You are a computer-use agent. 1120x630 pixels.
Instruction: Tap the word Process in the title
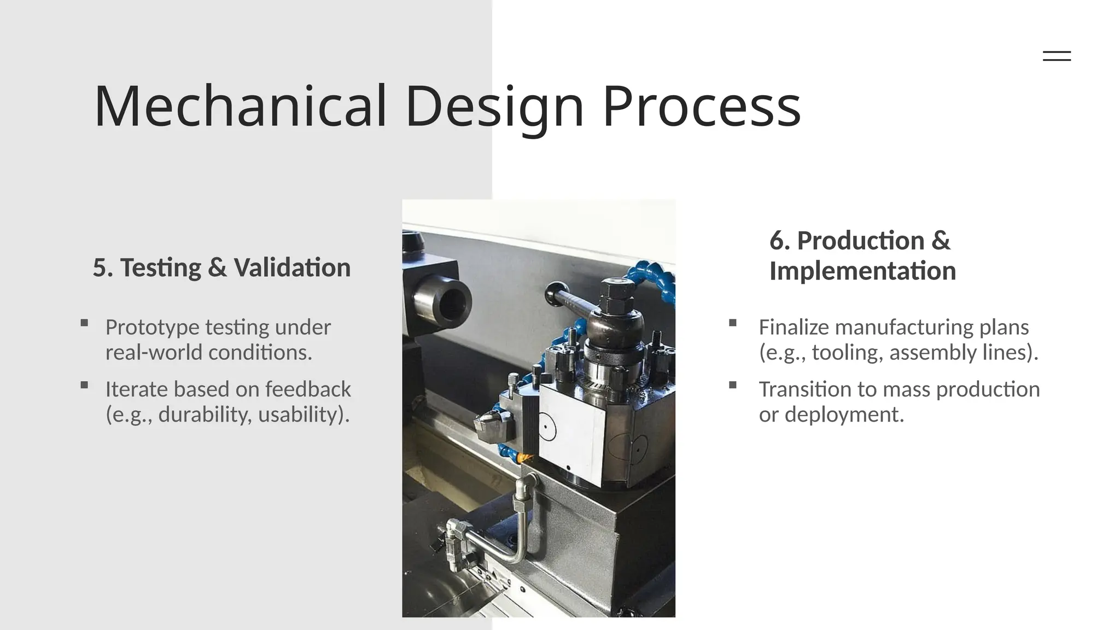[701, 106]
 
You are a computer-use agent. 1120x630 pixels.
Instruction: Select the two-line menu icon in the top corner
[1057, 56]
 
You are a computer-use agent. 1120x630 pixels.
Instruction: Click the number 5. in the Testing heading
[103, 268]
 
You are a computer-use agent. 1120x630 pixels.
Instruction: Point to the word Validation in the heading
[291, 268]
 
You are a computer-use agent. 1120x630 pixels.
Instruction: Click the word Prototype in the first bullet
[152, 328]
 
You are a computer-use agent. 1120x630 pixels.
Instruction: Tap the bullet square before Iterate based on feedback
[84, 385]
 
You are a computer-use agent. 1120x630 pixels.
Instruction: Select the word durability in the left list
[205, 415]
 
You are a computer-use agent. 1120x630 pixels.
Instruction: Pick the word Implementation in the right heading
[862, 271]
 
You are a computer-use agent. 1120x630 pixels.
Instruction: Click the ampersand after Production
[941, 241]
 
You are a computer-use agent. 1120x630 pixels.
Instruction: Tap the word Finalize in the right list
[794, 328]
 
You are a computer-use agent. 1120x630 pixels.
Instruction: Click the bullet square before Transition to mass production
[733, 385]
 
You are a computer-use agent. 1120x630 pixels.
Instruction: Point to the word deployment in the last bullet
[844, 415]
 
